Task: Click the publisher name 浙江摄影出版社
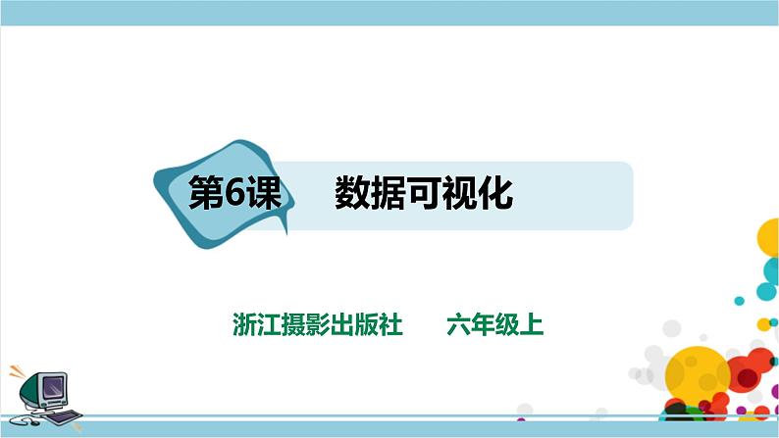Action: click(319, 324)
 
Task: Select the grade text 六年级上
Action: click(494, 324)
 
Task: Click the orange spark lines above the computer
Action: click(17, 373)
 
